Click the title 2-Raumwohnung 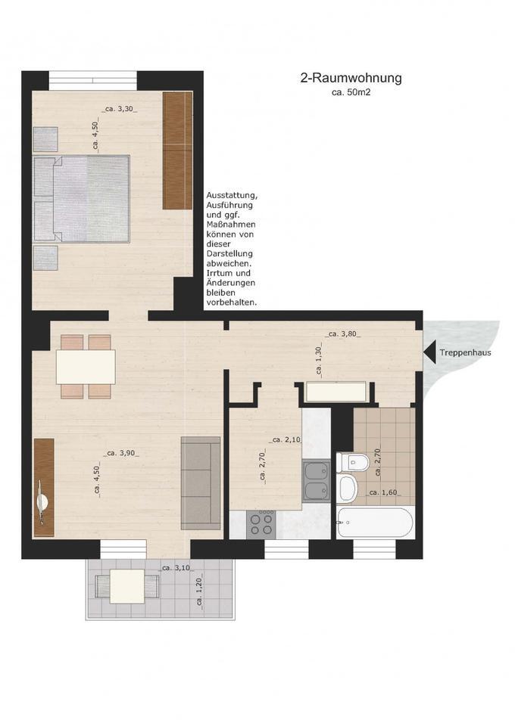[x=351, y=77]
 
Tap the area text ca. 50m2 [x=351, y=92]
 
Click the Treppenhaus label [x=466, y=352]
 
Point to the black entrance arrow [x=429, y=352]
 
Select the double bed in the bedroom [x=81, y=199]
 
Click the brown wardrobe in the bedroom [x=178, y=150]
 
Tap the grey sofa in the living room [x=201, y=483]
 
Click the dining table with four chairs [x=86, y=366]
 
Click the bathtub [x=375, y=522]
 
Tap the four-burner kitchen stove [x=262, y=523]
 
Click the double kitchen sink [x=317, y=481]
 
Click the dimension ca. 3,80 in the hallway [x=342, y=334]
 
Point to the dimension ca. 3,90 [x=123, y=453]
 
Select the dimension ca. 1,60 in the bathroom [x=384, y=493]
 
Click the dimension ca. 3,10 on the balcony [x=176, y=567]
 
